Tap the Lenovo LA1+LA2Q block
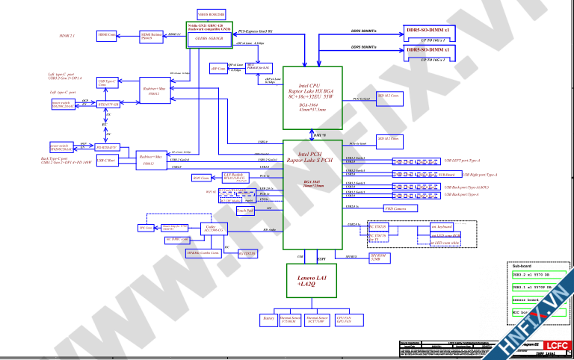(x=308, y=280)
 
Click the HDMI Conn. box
(x=107, y=35)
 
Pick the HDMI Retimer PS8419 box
(x=152, y=35)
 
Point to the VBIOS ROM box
(x=210, y=13)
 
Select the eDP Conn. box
(x=218, y=69)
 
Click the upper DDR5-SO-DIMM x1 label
(x=427, y=29)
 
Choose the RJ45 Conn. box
(x=201, y=178)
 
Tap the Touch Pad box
(x=244, y=211)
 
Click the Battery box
(x=268, y=319)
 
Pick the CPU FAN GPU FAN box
(x=345, y=319)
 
